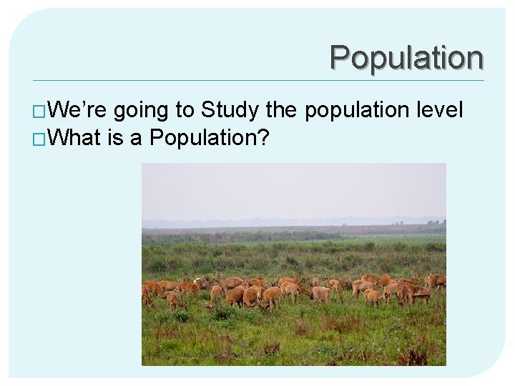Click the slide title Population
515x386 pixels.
coord(406,58)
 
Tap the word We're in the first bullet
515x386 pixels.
coord(79,110)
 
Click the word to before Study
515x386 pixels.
coord(185,111)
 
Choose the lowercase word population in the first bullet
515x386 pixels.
coord(358,112)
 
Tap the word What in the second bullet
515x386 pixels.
coord(76,137)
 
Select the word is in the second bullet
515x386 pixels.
coord(115,137)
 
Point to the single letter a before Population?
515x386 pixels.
coord(136,138)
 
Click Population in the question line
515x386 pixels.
coord(201,138)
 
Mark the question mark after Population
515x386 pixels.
coord(263,137)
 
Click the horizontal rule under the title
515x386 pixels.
coord(257,79)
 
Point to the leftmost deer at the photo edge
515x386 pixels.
coord(147,294)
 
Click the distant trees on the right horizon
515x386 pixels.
coord(433,224)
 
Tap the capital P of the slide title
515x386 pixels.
coord(340,57)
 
